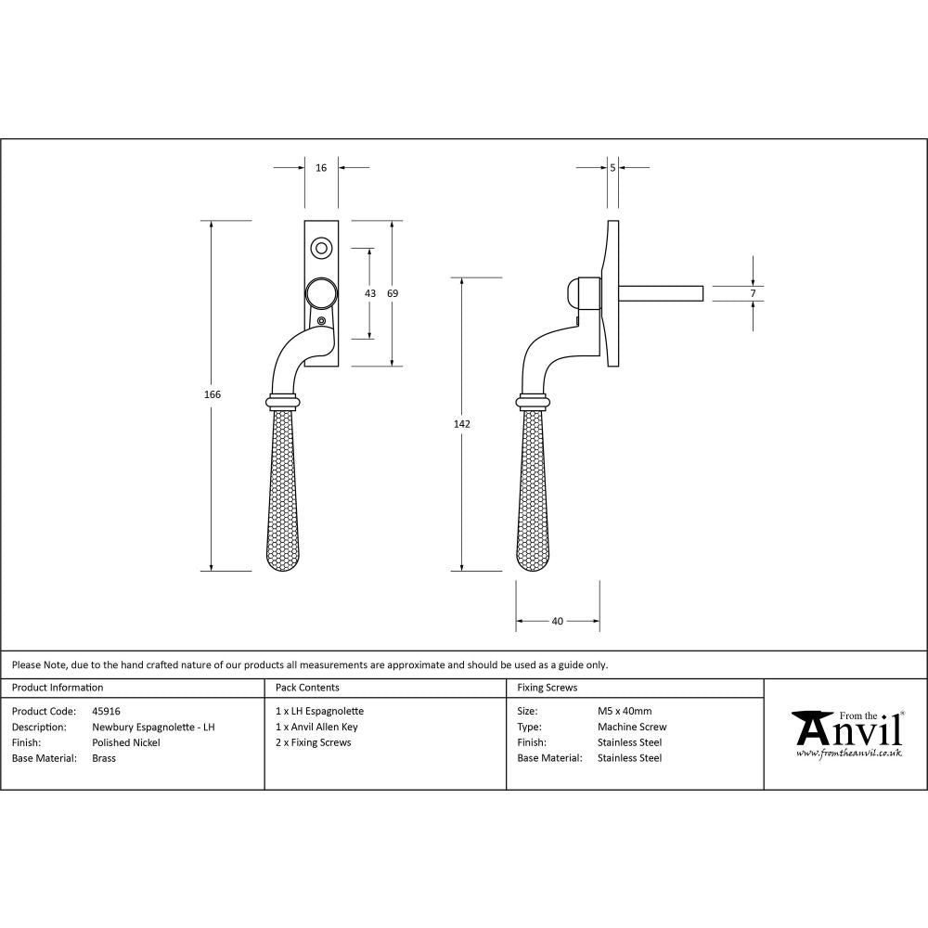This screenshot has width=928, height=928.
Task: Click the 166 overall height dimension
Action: (213, 394)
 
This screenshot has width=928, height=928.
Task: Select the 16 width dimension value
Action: (321, 168)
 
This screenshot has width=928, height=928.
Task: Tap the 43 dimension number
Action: (370, 293)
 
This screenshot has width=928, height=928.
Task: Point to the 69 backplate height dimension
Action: (393, 293)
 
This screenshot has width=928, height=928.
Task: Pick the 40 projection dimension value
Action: (557, 622)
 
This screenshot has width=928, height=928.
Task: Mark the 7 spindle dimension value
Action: (754, 293)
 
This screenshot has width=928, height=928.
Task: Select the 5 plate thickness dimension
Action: (613, 168)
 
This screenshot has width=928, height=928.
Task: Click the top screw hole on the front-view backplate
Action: (321, 248)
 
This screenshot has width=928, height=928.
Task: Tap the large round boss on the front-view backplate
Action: (321, 293)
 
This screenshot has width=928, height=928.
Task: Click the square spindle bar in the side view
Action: (661, 293)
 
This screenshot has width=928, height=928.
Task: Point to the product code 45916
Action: (106, 712)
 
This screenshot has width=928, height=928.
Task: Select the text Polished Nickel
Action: (126, 742)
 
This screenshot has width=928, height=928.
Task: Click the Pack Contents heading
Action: (307, 688)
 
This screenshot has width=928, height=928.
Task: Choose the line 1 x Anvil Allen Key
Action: (316, 728)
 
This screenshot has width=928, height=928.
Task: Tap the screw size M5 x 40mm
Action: (625, 712)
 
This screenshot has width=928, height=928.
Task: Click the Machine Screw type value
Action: (632, 728)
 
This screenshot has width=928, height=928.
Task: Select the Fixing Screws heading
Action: (547, 688)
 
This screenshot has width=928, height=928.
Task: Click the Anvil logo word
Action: (846, 729)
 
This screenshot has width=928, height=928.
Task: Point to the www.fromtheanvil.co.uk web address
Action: (848, 754)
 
